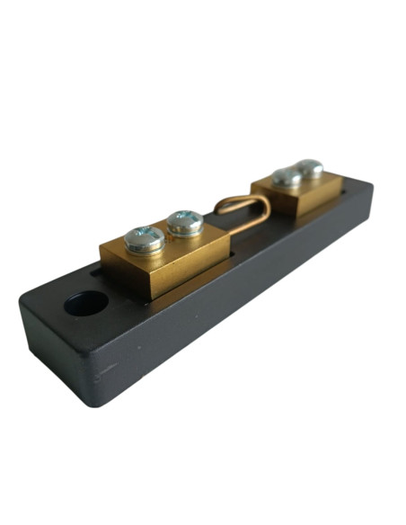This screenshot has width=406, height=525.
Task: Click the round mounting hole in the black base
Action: [86, 304]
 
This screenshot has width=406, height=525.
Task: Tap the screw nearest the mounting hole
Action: [144, 238]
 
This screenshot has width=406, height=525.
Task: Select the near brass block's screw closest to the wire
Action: [185, 221]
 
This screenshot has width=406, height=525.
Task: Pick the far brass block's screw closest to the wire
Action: [287, 177]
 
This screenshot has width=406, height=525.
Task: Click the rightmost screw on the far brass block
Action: [310, 168]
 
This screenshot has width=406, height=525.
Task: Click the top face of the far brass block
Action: [310, 185]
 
